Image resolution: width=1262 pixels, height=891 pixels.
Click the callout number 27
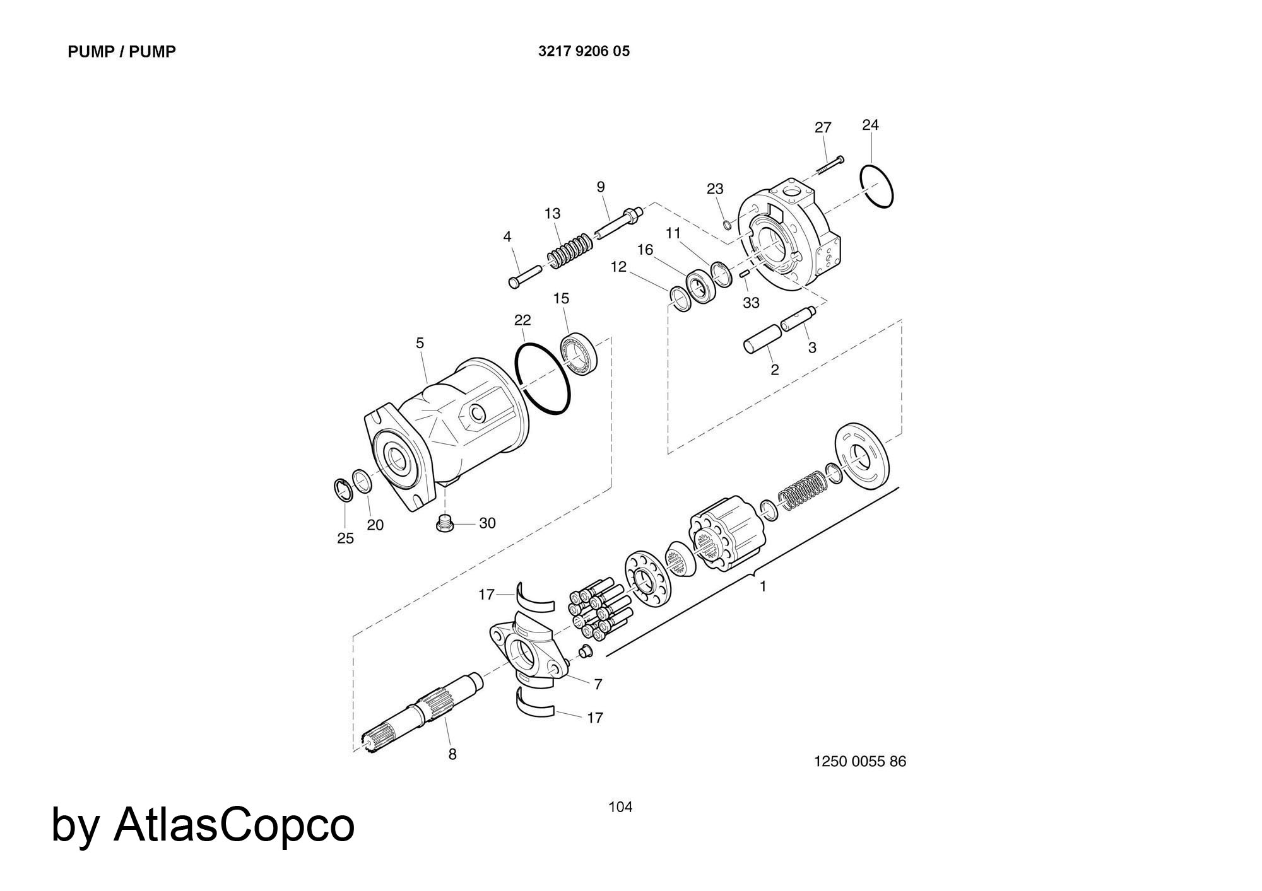point(823,128)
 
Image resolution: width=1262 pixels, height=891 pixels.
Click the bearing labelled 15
point(579,355)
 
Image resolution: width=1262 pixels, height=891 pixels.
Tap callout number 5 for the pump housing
point(420,344)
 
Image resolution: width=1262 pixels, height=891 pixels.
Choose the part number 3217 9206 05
point(584,52)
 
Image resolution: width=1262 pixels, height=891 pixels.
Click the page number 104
point(620,807)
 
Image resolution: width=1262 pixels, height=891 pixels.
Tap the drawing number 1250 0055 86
point(860,761)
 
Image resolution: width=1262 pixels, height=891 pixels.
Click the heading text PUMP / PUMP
point(122,52)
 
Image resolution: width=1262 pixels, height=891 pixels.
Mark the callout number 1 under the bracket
point(763,586)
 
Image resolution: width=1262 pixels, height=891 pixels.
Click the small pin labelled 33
point(745,273)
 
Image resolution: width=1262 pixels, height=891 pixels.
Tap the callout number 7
point(598,684)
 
